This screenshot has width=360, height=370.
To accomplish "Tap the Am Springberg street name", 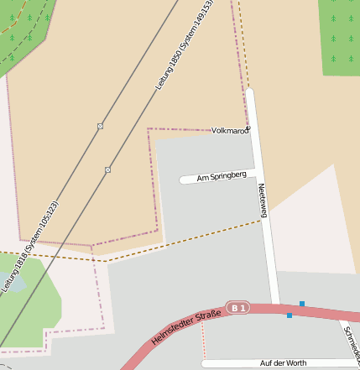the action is click(221, 177).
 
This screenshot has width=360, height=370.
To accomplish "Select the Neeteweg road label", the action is click(263, 201).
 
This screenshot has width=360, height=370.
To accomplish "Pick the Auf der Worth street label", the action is click(284, 363).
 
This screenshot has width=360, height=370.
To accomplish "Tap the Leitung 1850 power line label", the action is click(185, 45).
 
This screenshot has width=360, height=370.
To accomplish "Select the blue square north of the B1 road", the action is click(301, 304).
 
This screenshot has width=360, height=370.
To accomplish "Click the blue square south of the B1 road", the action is click(290, 315).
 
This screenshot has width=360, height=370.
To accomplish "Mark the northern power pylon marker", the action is click(100, 126).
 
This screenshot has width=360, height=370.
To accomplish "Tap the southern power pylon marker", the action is click(107, 169).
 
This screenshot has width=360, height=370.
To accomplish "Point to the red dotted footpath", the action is click(203, 340).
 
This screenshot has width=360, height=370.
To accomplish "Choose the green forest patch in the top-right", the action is click(339, 34).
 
